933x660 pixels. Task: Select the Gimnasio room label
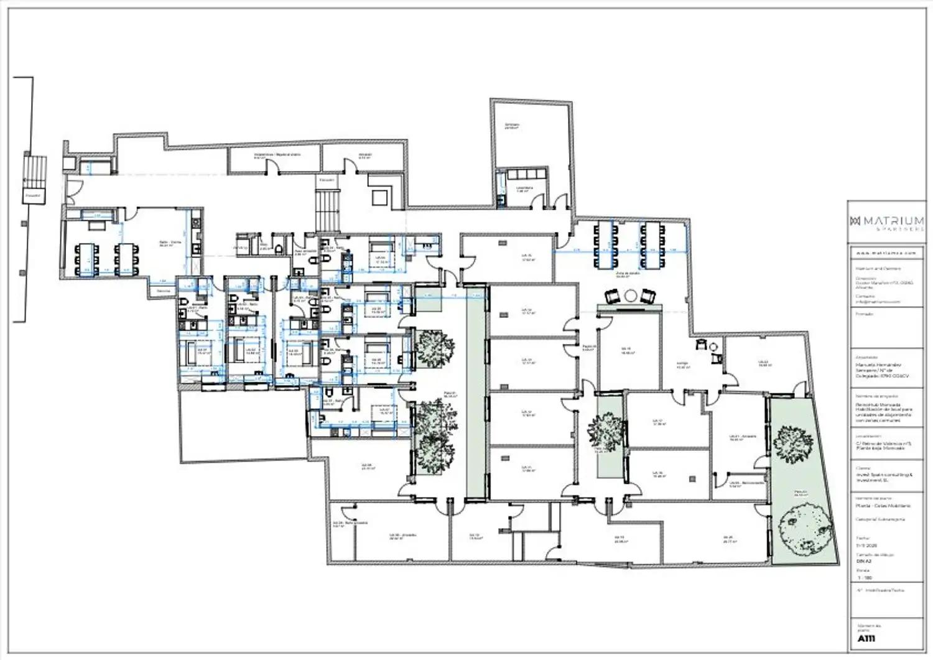point(512,126)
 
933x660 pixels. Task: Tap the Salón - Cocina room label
point(165,244)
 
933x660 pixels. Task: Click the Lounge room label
point(682,366)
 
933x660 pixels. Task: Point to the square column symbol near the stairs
point(379,197)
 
